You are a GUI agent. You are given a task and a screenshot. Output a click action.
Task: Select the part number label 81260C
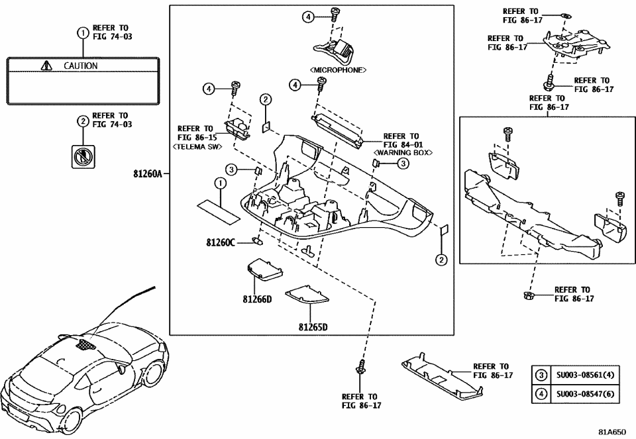[220, 243]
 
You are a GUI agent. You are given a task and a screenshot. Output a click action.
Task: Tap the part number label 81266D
[257, 299]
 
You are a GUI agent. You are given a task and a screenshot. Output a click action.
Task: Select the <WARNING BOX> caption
[403, 152]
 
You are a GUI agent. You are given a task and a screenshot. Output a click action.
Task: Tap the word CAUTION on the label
[80, 66]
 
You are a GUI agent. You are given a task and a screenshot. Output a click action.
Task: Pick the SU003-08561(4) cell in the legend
[585, 375]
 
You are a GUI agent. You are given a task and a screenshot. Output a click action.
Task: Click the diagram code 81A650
[611, 431]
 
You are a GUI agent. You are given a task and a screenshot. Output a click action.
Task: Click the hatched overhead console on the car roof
[84, 344]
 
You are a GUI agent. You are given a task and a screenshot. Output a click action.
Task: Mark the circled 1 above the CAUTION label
[82, 32]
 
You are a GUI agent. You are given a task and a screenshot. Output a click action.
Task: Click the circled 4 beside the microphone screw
[308, 17]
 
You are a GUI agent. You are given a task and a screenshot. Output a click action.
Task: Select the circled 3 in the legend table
[541, 375]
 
